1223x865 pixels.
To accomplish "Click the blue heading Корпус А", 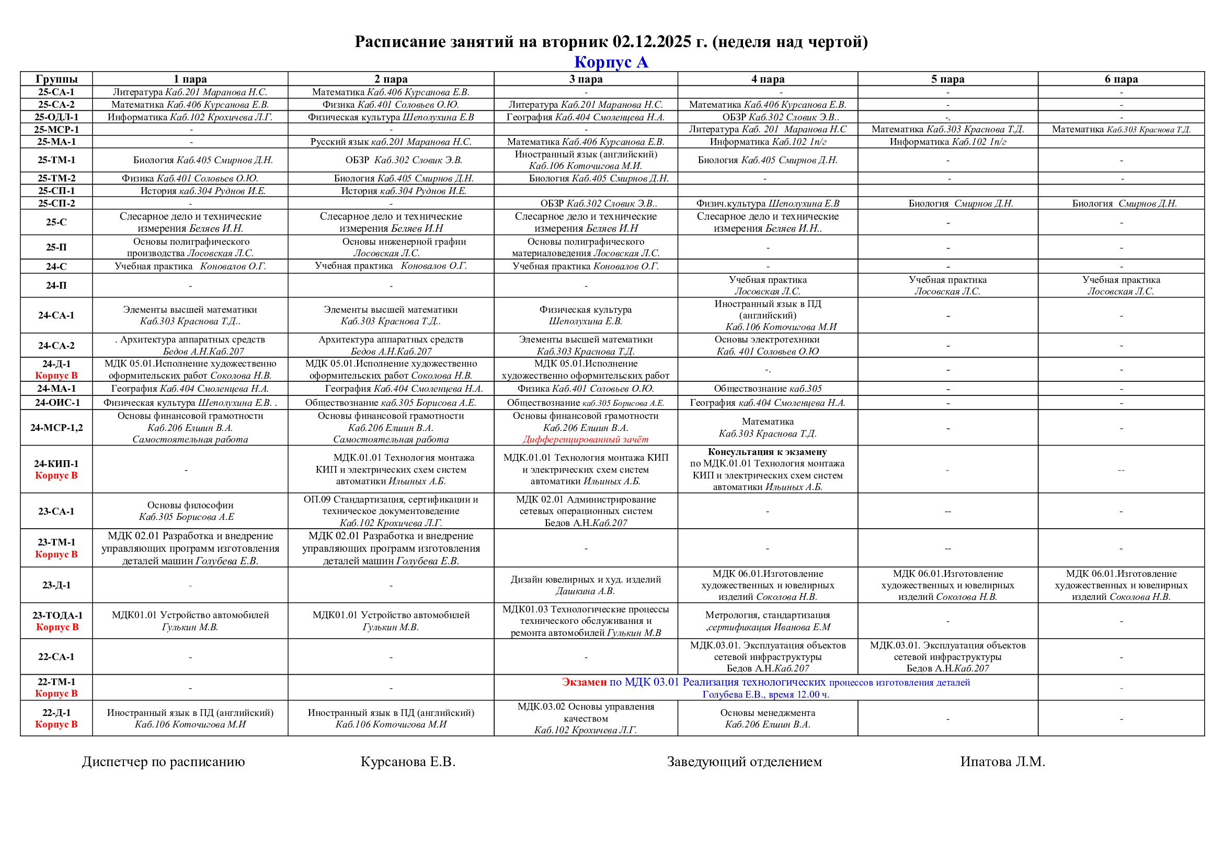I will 611,62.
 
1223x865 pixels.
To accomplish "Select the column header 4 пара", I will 768,79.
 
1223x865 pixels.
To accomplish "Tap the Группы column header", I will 56,79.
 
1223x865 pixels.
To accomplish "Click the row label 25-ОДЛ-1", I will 56,117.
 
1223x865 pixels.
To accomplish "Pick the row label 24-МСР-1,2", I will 56,427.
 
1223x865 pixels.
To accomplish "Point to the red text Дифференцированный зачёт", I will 586,439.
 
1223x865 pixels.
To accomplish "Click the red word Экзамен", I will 584,682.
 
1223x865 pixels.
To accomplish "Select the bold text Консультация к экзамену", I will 767,452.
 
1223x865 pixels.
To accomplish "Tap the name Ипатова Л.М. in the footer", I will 1002,761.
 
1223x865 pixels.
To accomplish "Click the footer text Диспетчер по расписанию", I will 164,761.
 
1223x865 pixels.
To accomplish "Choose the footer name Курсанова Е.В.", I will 408,761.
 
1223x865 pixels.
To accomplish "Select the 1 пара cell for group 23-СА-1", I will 190,511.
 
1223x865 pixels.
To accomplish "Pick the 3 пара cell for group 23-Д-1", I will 586,585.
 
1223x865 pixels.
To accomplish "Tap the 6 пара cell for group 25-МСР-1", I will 1121,129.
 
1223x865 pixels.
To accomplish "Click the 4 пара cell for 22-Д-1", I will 767,719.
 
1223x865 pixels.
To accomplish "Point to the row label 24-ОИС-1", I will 56,403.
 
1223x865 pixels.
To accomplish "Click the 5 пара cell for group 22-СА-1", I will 947,657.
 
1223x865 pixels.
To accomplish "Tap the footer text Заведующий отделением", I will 744,761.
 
